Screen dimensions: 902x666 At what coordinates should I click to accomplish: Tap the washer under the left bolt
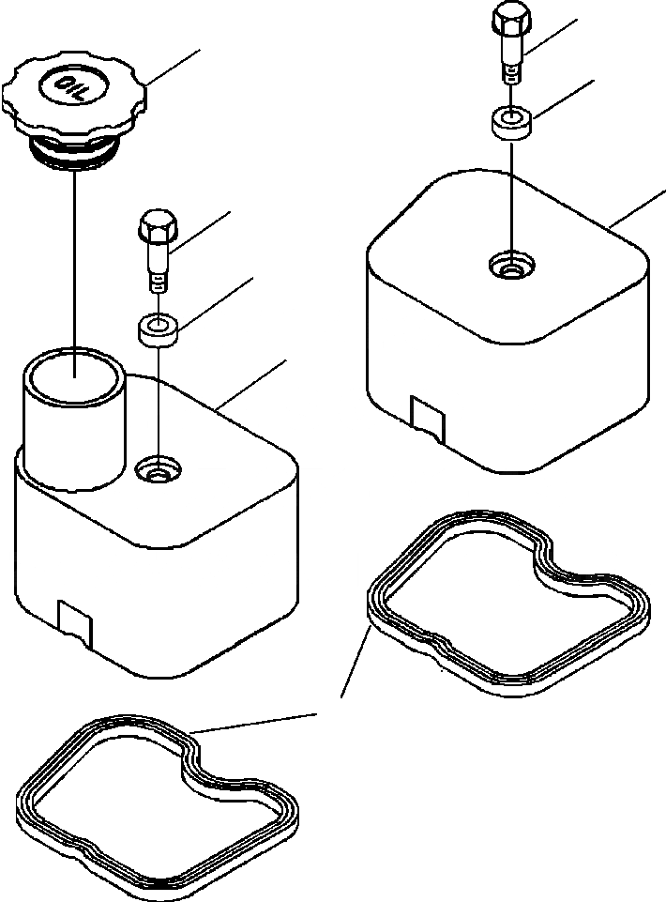[x=157, y=329]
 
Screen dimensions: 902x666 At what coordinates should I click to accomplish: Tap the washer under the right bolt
[x=510, y=122]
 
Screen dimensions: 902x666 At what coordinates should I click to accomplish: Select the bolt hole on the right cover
[x=510, y=268]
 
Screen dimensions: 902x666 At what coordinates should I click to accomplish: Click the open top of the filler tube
[x=73, y=375]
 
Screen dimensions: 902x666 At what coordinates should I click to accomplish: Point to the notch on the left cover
[x=74, y=619]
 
